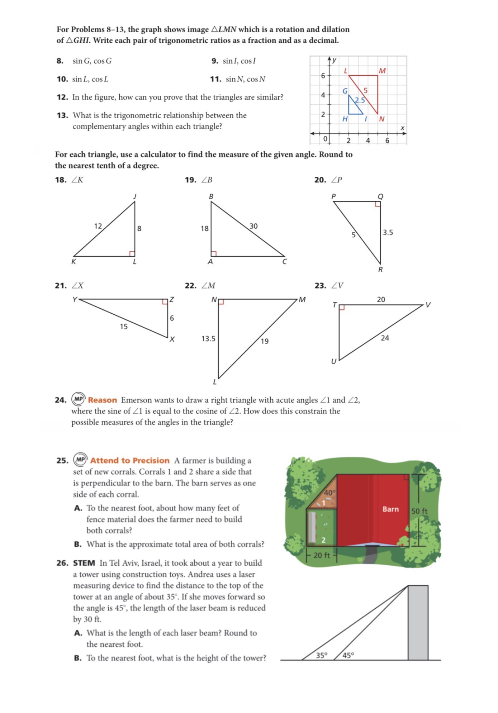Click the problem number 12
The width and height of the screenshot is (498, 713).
click(x=62, y=97)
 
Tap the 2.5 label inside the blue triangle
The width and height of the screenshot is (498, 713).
click(x=360, y=100)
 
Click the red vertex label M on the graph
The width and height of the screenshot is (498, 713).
click(x=382, y=71)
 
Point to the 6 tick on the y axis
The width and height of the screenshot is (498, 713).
click(x=323, y=76)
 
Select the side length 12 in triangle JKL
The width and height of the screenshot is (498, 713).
click(x=98, y=226)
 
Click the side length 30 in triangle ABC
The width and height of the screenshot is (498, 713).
click(x=253, y=226)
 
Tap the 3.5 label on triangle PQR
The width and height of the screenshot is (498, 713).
click(x=388, y=233)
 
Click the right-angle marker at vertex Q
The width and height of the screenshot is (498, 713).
click(x=378, y=204)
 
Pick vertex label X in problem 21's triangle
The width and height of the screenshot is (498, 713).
click(x=172, y=339)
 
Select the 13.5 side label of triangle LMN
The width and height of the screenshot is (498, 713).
click(x=208, y=339)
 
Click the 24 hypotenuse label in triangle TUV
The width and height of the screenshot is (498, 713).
click(x=385, y=338)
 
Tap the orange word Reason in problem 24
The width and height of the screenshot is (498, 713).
click(x=103, y=400)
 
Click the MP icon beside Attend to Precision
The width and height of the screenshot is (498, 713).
click(x=81, y=460)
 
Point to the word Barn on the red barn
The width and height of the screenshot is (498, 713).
click(x=390, y=509)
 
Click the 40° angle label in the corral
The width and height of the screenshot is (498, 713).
click(x=329, y=493)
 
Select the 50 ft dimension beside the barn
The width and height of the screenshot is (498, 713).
click(x=419, y=511)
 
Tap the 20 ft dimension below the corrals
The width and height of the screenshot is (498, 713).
click(x=321, y=556)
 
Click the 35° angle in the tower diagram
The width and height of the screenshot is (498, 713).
click(x=322, y=656)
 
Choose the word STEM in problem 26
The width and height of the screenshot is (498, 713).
click(x=84, y=563)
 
